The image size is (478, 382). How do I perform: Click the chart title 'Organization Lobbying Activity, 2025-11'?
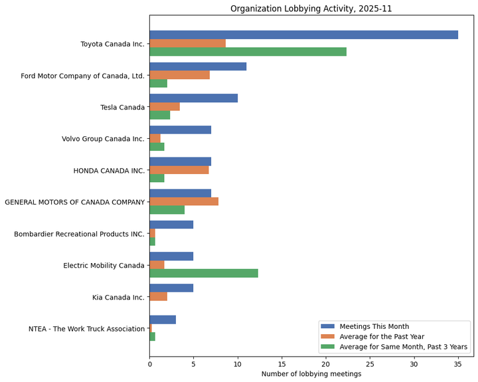click(311, 9)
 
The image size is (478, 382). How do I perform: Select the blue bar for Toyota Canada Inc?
click(303, 35)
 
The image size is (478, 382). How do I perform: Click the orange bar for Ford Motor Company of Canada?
click(179, 75)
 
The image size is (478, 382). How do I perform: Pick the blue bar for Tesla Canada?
click(193, 98)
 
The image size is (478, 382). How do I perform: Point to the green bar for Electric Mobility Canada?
click(203, 273)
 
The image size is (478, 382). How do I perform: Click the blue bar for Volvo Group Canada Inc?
click(180, 130)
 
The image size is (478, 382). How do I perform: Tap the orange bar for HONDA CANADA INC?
click(179, 170)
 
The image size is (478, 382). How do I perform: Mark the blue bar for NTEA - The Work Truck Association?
click(163, 320)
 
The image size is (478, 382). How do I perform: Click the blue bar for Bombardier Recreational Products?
click(171, 225)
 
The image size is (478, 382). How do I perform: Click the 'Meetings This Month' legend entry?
click(374, 326)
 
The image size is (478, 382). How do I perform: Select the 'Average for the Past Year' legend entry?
click(382, 336)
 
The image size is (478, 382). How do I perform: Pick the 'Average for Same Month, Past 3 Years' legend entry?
click(403, 346)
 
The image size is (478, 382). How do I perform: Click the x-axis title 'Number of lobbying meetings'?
click(311, 374)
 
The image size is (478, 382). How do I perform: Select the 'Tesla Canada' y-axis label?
click(123, 107)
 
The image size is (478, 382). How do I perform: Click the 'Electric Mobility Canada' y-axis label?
click(104, 265)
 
